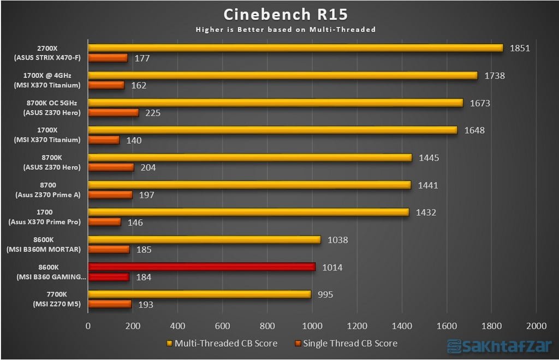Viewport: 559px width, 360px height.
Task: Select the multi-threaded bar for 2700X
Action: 295,48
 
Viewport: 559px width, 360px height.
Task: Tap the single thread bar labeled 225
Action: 113,113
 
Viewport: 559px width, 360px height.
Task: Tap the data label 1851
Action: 520,48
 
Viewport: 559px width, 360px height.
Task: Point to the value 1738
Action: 494,75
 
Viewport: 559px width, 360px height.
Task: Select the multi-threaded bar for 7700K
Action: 199,294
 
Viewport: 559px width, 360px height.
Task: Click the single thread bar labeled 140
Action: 104,140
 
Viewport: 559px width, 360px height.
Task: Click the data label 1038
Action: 337,239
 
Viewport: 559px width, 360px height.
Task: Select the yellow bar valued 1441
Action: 249,185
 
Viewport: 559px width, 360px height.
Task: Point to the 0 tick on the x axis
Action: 88,326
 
